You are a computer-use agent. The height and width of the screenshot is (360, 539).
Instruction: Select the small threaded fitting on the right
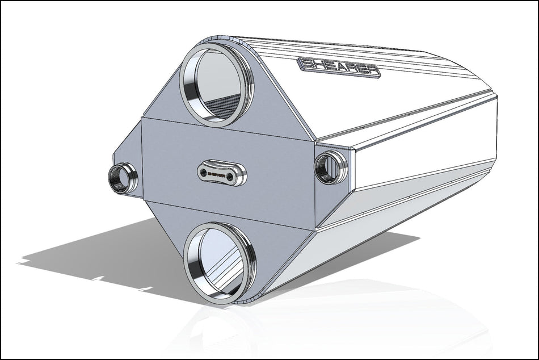click(330, 167)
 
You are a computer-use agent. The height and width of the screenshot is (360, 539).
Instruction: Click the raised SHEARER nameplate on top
click(339, 67)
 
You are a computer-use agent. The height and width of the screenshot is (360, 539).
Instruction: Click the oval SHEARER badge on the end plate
click(222, 173)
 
